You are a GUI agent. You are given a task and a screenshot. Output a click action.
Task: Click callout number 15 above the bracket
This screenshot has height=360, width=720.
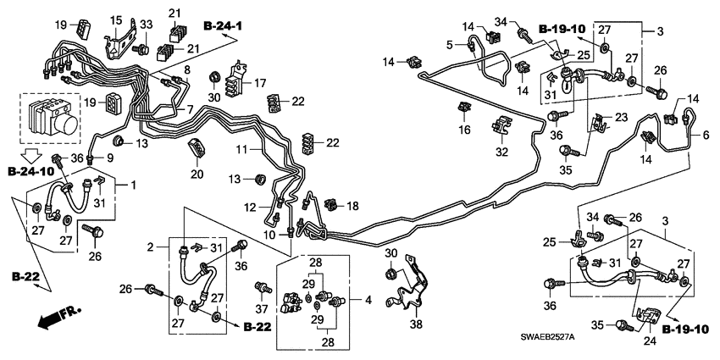(115, 19)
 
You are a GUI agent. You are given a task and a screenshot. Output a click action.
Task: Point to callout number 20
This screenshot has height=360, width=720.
(197, 174)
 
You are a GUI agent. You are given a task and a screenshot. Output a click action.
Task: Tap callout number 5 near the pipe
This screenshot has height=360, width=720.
(451, 43)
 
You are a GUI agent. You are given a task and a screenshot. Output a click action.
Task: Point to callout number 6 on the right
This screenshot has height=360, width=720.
(704, 134)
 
